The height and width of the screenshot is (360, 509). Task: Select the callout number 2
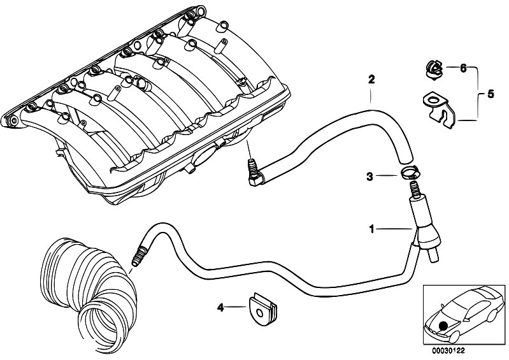point(371,80)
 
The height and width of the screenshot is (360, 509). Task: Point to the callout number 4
point(220,308)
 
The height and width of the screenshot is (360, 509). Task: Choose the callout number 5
point(490,94)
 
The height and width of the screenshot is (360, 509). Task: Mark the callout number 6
point(463,68)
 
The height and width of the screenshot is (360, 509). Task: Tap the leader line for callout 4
point(236,308)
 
